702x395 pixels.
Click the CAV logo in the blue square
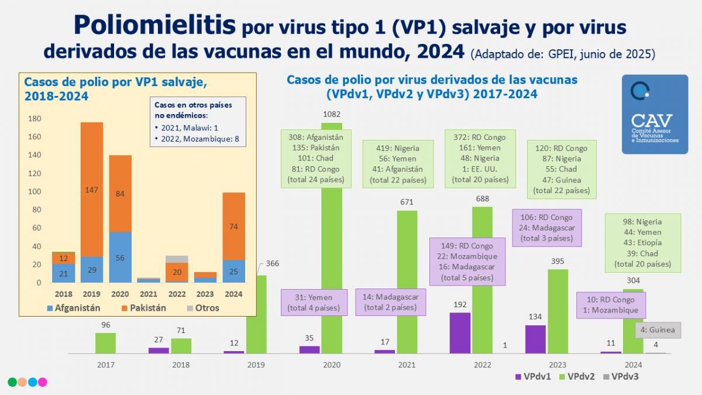pos(655,114)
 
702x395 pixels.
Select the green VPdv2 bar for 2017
pos(105,344)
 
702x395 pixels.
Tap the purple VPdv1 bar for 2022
pos(460,333)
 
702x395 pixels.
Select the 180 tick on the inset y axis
pos(35,119)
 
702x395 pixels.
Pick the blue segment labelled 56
pos(120,257)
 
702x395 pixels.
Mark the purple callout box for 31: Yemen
pos(314,303)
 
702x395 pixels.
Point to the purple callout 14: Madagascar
pos(390,303)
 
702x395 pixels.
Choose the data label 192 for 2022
pos(460,304)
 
